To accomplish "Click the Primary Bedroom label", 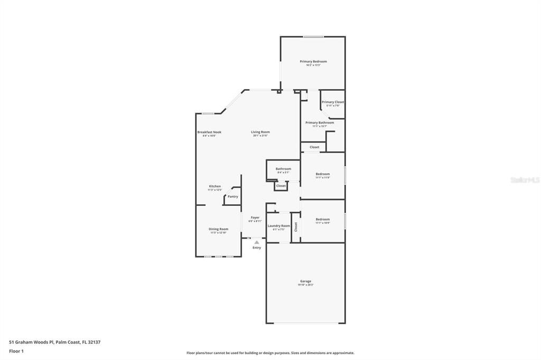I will (313, 62).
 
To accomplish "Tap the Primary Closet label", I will (333, 102).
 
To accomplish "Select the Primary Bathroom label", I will (320, 122).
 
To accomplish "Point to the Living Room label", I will (260, 132).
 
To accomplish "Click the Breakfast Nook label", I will (209, 132).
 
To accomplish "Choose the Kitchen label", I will (214, 186).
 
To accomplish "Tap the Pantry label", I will (233, 196).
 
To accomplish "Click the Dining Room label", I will (218, 229).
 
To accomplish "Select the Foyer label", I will (255, 217).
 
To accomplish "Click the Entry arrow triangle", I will (257, 242).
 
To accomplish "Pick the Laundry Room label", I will (278, 226).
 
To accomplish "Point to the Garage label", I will (305, 281).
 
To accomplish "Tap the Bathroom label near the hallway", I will (283, 169).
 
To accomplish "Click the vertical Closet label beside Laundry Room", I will (296, 226).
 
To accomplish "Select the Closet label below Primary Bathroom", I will (314, 147).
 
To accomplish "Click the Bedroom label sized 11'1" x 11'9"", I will (323, 174).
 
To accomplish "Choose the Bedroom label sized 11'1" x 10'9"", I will (323, 219).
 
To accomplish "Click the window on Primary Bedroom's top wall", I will (313, 36).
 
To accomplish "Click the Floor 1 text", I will (16, 351).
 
